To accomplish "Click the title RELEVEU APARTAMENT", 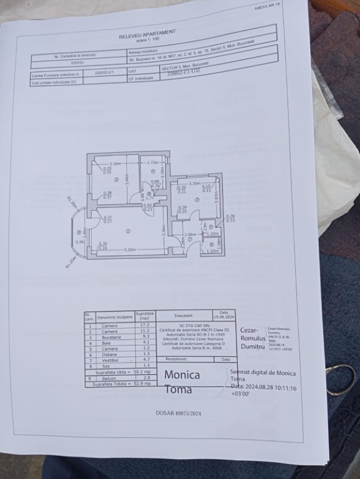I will [x=147, y=34].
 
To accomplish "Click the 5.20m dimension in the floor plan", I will [x=129, y=249].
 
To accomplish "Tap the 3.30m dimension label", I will [x=115, y=163].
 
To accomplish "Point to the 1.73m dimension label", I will [x=154, y=163].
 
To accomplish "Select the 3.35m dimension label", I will [x=195, y=183].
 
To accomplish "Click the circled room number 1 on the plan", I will [x=128, y=231].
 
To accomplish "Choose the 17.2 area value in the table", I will [x=145, y=325].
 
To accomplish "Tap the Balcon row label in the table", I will [x=109, y=377].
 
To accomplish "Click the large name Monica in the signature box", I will [x=182, y=375].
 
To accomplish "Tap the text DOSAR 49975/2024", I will [x=178, y=412].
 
